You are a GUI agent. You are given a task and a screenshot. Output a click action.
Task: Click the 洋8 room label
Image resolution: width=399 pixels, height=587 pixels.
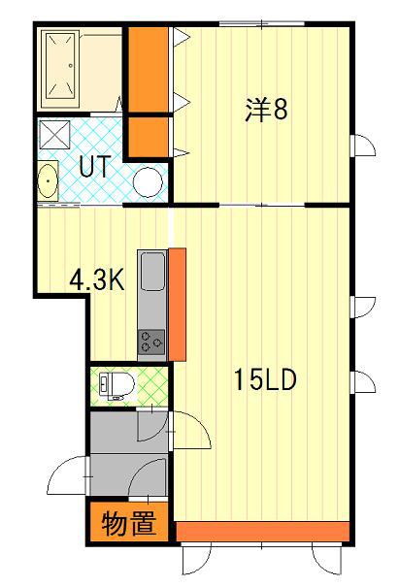click(266, 110)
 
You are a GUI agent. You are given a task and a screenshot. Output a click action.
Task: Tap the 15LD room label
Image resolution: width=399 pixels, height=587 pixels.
click(265, 379)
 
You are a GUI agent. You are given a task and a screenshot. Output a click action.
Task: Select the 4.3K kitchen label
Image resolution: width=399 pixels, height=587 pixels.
click(97, 280)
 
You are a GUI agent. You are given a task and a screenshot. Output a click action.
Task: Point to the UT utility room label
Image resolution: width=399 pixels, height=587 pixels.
click(95, 166)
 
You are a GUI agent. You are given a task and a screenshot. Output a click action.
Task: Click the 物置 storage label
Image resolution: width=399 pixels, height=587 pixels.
click(129, 523)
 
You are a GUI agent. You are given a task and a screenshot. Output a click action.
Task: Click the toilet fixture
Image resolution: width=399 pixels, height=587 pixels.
click(116, 385)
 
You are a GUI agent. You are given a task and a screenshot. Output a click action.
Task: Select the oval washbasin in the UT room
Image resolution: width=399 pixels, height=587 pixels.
click(48, 180)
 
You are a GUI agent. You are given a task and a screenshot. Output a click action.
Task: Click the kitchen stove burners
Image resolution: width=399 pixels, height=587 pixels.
click(151, 342)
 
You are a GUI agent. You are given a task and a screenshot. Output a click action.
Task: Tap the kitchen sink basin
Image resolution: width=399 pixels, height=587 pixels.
click(152, 271)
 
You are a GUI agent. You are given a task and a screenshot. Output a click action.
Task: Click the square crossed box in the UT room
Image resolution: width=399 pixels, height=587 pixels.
click(54, 135)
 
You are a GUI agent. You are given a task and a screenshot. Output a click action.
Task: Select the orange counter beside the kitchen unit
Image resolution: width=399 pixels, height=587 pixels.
click(178, 305)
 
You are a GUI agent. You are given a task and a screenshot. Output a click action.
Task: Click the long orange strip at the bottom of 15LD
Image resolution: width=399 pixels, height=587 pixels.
click(263, 532)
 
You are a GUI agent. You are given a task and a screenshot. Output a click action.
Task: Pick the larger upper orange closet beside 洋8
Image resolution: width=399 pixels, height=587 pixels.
click(148, 69)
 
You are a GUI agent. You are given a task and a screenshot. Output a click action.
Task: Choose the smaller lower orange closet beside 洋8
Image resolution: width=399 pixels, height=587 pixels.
click(148, 138)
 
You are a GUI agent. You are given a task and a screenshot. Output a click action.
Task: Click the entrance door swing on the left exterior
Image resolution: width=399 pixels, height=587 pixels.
click(67, 475)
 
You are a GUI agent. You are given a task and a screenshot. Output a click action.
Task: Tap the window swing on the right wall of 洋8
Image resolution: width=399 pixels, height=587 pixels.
click(363, 145)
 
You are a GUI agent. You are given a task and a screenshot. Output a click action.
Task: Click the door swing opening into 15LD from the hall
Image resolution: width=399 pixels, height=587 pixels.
click(190, 430)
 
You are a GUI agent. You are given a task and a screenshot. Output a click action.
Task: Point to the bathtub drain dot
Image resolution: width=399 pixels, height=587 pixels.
click(71, 66)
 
